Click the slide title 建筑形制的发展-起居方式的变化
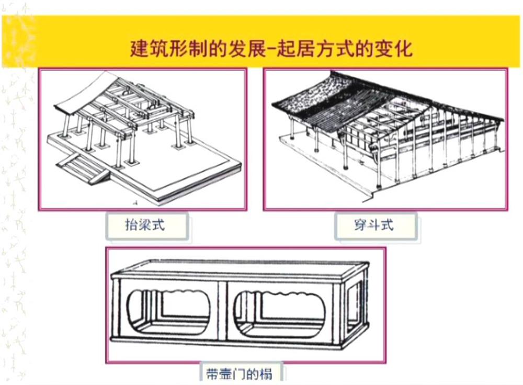click(271, 48)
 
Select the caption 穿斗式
click(373, 226)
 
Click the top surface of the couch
click(241, 269)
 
